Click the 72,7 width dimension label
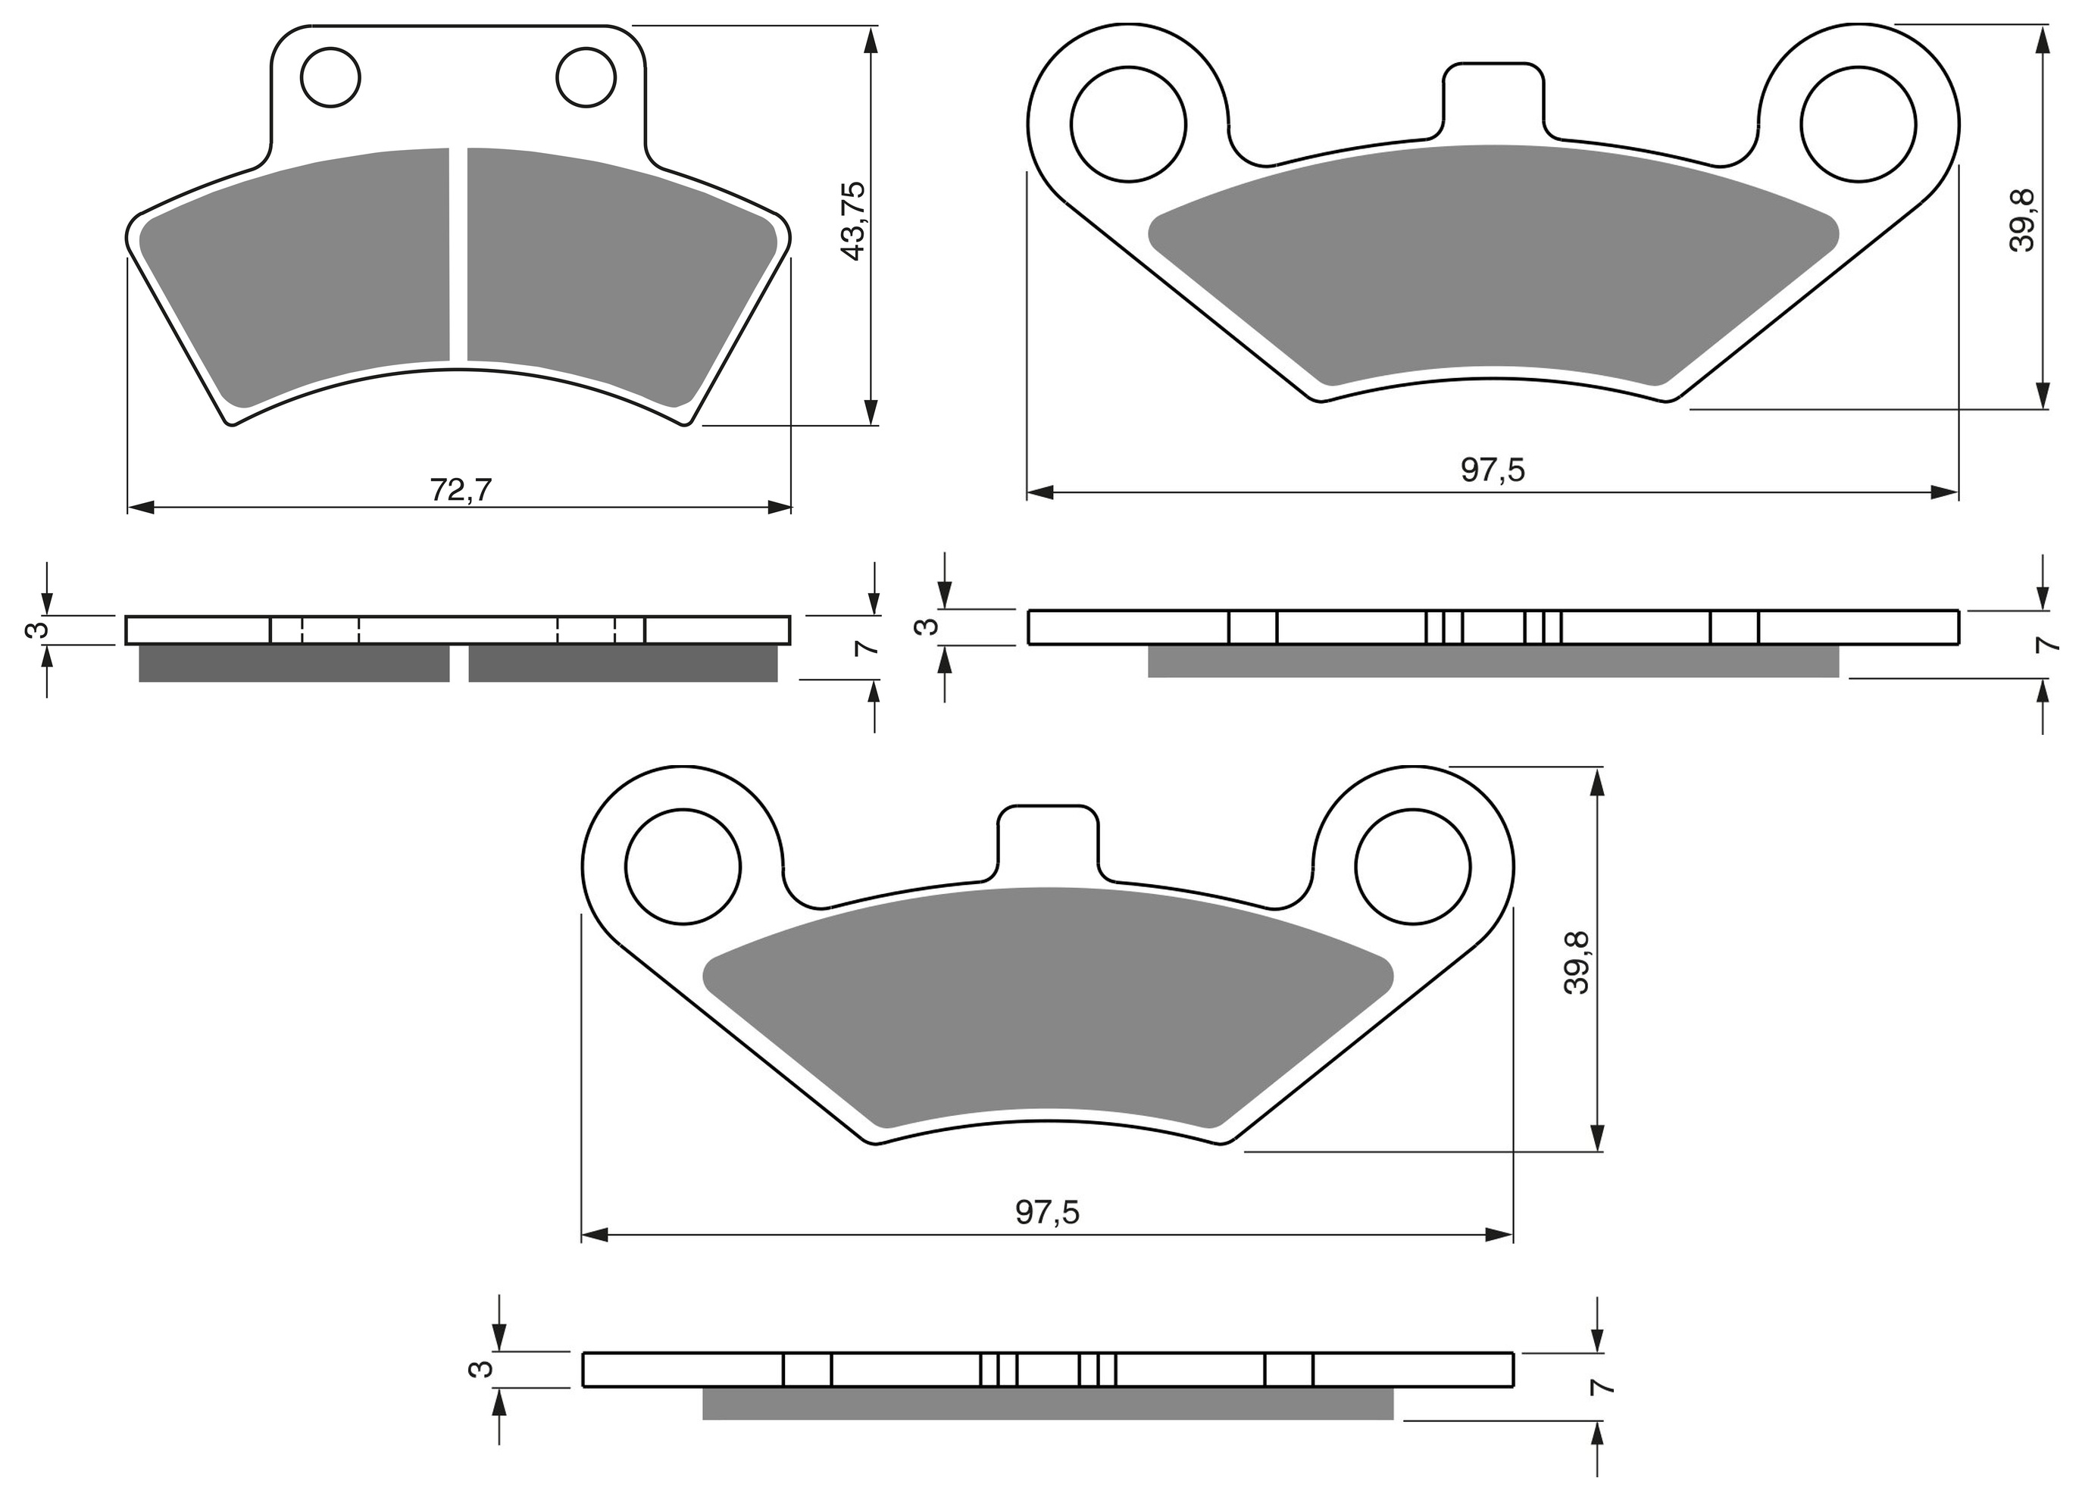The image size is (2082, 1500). coord(461,490)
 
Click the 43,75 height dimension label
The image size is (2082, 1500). coord(854,220)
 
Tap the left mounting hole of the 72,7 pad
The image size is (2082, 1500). coord(330,77)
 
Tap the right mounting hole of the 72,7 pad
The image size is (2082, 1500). coord(586,77)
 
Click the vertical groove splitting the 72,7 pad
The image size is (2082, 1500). coord(459,255)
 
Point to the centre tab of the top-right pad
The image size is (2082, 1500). coord(1493,101)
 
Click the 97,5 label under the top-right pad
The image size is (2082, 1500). coord(1493,470)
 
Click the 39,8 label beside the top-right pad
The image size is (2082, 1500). coord(2021,220)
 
